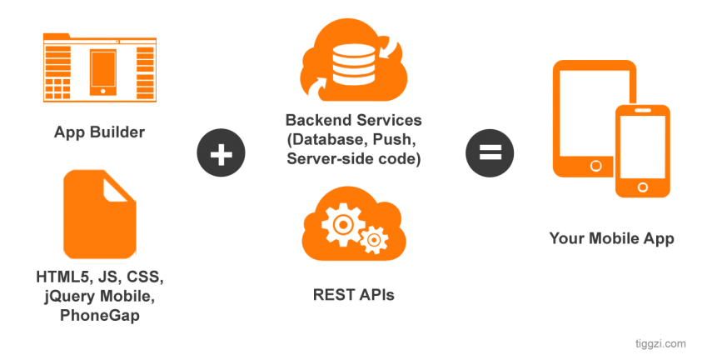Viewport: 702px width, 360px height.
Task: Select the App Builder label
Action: (x=99, y=132)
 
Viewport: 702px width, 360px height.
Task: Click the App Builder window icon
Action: (x=99, y=67)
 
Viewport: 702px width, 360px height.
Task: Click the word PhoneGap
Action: (x=99, y=316)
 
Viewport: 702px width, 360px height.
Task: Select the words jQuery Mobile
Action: (x=99, y=296)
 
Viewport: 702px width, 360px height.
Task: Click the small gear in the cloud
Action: (x=375, y=240)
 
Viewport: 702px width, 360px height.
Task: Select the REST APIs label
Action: (x=353, y=293)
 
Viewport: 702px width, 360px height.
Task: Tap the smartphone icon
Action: (x=642, y=150)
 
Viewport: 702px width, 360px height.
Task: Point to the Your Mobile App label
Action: (x=611, y=238)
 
